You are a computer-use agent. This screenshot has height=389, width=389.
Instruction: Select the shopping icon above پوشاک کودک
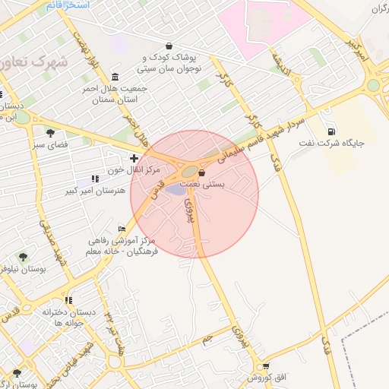pos(168,46)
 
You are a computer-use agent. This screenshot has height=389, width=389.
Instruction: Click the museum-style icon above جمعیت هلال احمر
pos(115,77)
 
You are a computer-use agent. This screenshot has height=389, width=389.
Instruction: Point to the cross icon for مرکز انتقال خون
pos(134,159)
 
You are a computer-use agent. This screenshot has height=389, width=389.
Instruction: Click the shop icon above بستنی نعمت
pos(201,173)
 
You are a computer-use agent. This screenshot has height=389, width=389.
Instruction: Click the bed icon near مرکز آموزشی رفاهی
pos(122,229)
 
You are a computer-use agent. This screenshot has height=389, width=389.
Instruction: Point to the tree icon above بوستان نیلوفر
pos(23,257)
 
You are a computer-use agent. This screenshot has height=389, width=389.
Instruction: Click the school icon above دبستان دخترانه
pos(68,300)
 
